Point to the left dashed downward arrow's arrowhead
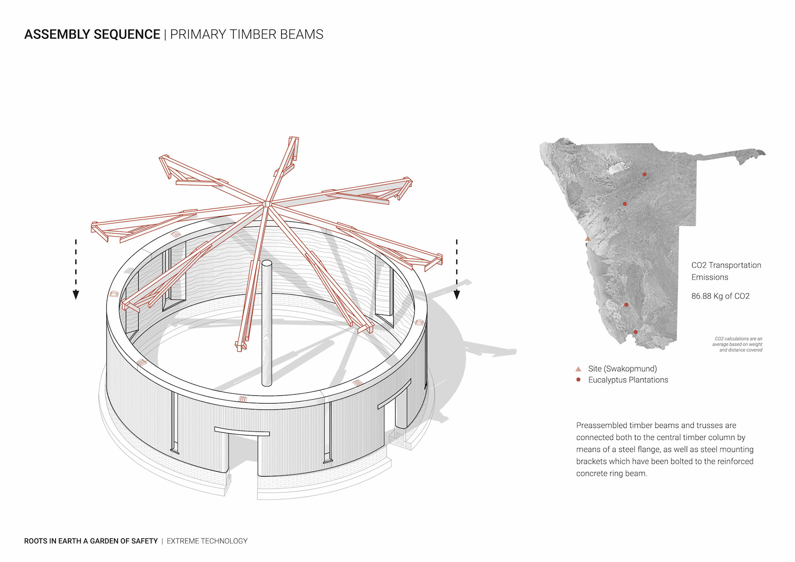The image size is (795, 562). [x=76, y=294]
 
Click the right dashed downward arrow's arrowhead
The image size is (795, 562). [x=457, y=294]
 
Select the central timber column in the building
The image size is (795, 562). [x=267, y=323]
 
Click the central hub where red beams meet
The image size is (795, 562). [x=267, y=204]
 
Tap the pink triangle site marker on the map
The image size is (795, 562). [x=588, y=239]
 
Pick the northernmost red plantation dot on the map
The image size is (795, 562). [x=644, y=175]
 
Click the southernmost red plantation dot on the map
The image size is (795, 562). [x=636, y=332]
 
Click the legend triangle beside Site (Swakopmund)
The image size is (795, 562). [x=578, y=369]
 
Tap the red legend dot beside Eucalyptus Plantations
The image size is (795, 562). [x=578, y=380]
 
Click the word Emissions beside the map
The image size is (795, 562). [x=710, y=277]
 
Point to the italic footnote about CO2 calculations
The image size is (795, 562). [x=738, y=344]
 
